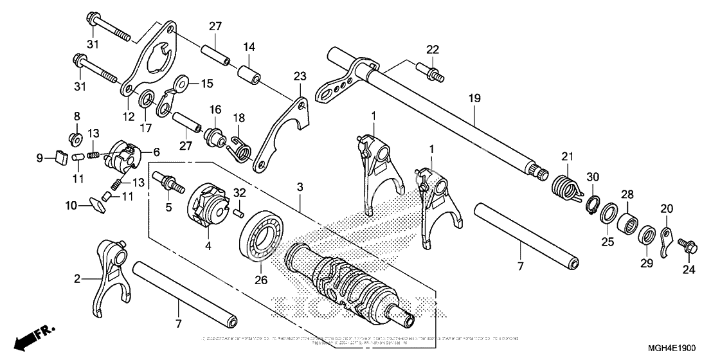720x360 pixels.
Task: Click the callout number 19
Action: tap(474, 100)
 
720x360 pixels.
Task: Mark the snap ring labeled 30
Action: tap(592, 203)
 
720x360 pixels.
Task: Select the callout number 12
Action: tap(129, 116)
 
